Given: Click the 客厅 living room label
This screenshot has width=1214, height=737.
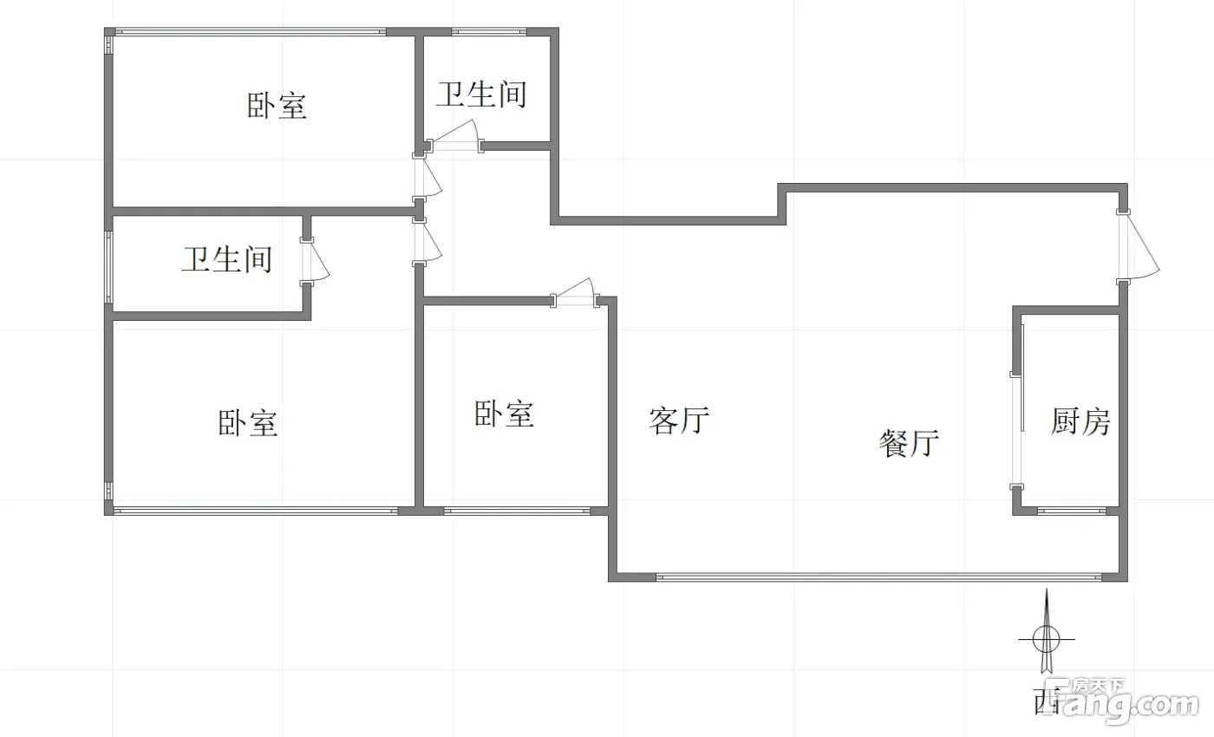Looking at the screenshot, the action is coord(679,421).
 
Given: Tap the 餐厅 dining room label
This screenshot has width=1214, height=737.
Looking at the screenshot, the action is coord(909,443).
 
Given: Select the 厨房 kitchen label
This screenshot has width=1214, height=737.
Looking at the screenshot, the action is coord(1080,421).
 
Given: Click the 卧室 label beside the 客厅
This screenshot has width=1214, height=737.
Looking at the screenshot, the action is coord(504,414).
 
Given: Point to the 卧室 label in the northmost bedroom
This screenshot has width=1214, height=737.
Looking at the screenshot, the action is coord(277,105).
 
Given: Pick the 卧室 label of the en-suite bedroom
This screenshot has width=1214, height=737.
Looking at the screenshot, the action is coord(248,423).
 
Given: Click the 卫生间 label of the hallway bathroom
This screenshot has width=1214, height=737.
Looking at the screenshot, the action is coord(481,94).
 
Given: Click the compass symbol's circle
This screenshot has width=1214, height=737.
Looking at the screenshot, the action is coord(1046,639).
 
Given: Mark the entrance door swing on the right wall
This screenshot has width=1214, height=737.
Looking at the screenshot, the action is coord(1138,246).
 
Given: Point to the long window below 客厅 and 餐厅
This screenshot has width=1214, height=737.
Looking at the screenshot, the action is coord(878,577).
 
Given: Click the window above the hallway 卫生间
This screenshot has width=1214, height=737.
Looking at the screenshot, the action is coord(489,32).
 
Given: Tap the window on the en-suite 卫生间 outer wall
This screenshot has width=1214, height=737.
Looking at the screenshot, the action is coord(108,267).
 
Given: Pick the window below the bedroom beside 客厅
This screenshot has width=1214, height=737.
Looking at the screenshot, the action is coord(517,511).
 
